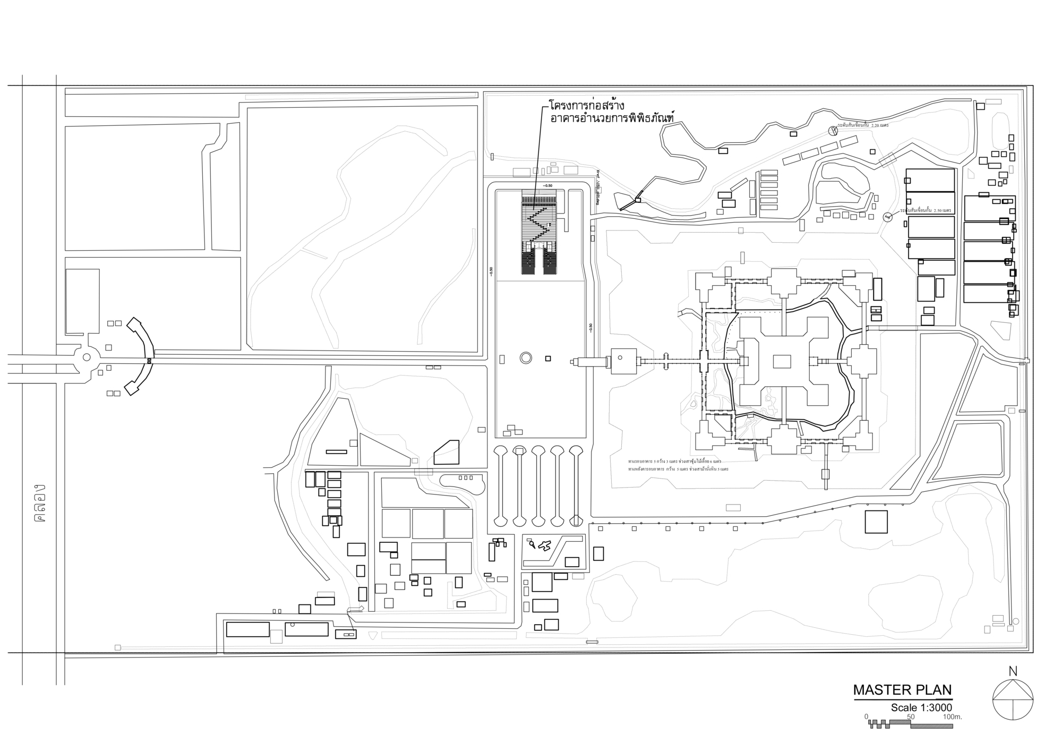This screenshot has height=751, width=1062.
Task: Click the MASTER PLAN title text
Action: pyautogui.click(x=902, y=690)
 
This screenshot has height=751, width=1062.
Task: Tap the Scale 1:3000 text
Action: pyautogui.click(x=921, y=707)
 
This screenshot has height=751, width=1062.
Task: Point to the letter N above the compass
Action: pyautogui.click(x=1013, y=671)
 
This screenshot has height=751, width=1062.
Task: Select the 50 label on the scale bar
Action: pyautogui.click(x=911, y=716)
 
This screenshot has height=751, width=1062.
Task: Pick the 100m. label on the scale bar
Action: pyautogui.click(x=952, y=716)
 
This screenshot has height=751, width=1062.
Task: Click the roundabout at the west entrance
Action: pyautogui.click(x=87, y=357)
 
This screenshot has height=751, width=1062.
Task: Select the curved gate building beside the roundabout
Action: pyautogui.click(x=140, y=356)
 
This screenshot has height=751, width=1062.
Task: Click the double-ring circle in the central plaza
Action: pyautogui.click(x=526, y=358)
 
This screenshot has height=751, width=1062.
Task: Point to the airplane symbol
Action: pyautogui.click(x=544, y=545)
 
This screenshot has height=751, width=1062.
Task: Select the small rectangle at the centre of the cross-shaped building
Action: pyautogui.click(x=782, y=362)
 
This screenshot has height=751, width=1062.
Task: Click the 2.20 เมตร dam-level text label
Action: pyautogui.click(x=863, y=125)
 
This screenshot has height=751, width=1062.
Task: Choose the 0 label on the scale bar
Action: pyautogui.click(x=867, y=716)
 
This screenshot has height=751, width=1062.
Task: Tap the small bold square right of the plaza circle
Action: pyautogui.click(x=548, y=359)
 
